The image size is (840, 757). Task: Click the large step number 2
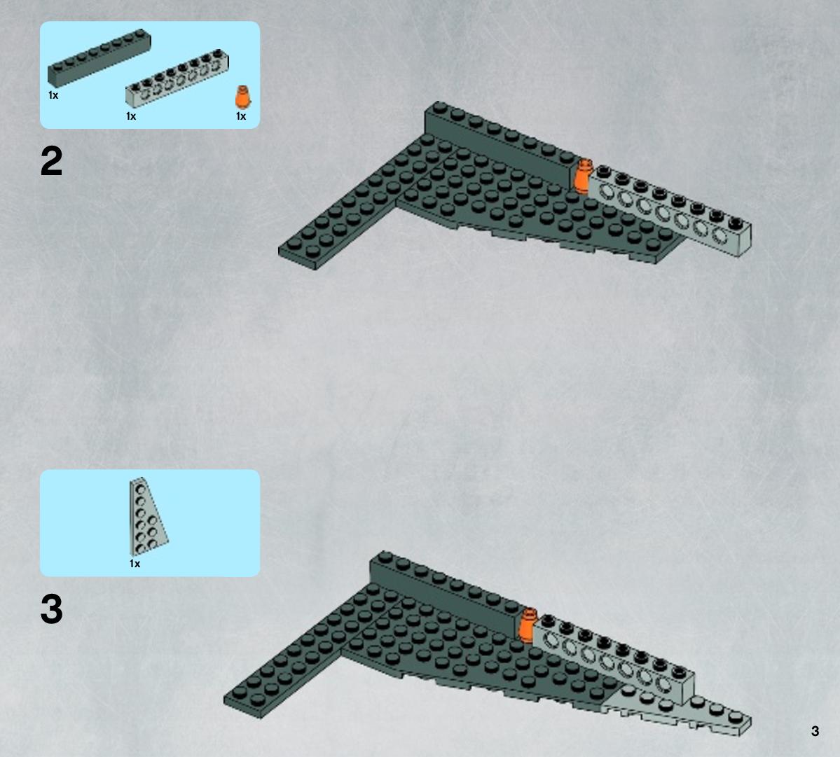coord(51,161)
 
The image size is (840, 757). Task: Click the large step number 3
coord(51,609)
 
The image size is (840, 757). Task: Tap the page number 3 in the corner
coord(815,731)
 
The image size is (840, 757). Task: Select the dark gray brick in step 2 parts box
coord(99,58)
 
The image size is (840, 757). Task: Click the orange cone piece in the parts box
coord(242,97)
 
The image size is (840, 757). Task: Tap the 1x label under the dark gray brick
coord(53,95)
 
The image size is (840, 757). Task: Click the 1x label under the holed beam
coord(131,116)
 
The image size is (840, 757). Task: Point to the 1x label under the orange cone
coord(241,116)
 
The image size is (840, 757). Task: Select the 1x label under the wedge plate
coord(135,564)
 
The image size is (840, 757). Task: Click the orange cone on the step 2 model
coord(581,175)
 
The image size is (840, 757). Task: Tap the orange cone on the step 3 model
coord(527,624)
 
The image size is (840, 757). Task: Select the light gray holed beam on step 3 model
coord(614,660)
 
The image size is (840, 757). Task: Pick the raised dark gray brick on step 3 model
coord(446,595)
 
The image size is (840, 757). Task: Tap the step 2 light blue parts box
coord(150,75)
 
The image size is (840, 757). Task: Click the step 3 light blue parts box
coord(150,523)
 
